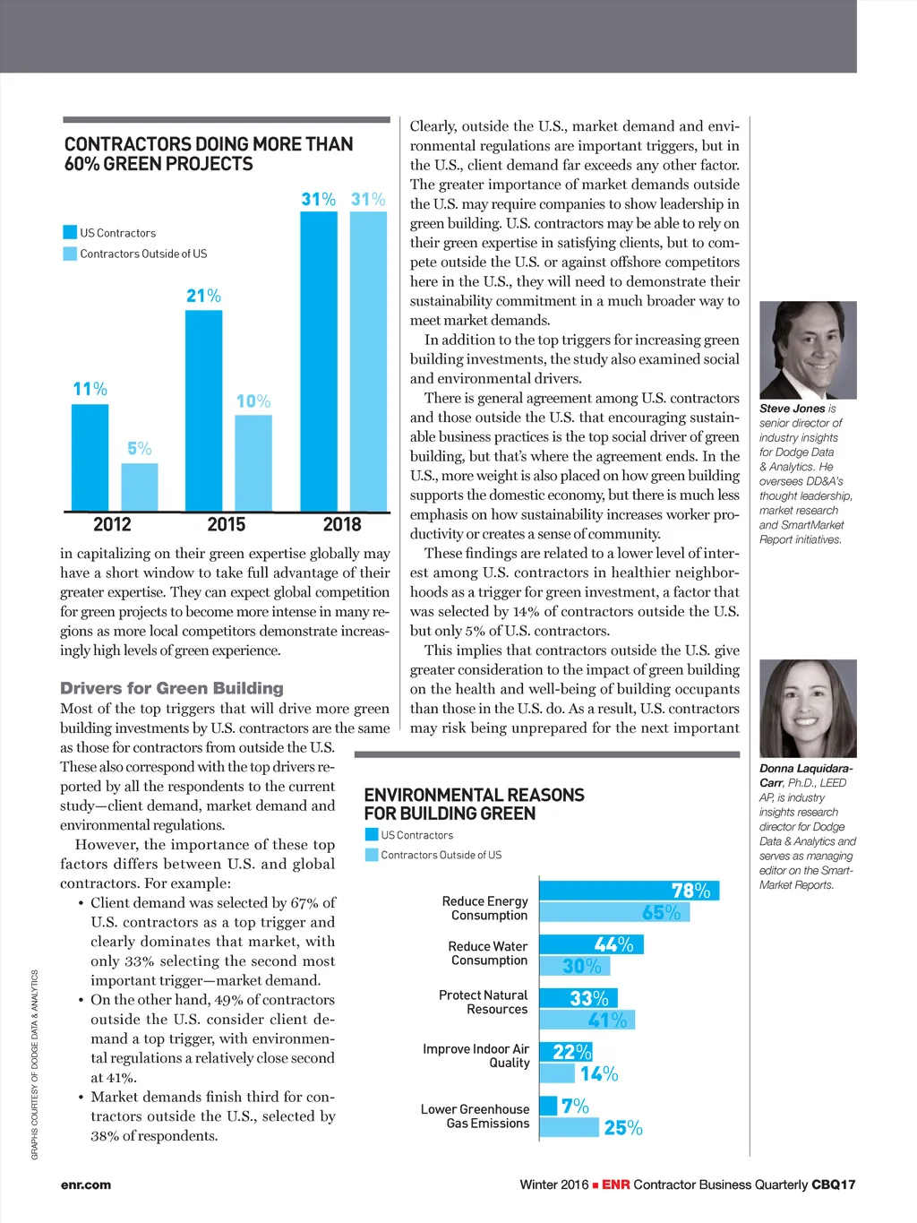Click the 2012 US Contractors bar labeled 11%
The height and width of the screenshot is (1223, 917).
[x=90, y=457]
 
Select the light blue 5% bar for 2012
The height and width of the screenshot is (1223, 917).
[x=140, y=487]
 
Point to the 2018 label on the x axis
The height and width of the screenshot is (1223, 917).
[x=342, y=524]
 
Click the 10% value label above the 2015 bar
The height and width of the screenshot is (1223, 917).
[x=253, y=401]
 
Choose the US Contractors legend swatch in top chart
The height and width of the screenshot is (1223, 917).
[x=70, y=233]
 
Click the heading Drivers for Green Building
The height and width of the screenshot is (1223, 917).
[x=172, y=688]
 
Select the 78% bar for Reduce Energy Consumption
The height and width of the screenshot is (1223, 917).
[x=629, y=891]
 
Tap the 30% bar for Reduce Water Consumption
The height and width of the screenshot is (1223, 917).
[x=574, y=966]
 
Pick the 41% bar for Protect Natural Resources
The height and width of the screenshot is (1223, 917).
[x=587, y=1020]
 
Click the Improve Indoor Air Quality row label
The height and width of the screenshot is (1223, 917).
[x=476, y=1055]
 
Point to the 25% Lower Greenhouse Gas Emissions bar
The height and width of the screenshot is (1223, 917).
[x=569, y=1127]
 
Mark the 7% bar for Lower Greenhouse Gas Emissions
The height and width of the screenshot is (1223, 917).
[x=548, y=1106]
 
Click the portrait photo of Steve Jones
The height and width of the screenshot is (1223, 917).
[x=808, y=350]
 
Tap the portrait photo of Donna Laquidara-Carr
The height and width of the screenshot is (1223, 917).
[x=808, y=709]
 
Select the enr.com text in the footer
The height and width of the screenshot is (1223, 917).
[x=86, y=1184]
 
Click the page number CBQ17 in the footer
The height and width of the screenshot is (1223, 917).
[x=833, y=1184]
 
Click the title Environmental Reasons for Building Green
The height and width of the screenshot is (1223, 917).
[x=474, y=805]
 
